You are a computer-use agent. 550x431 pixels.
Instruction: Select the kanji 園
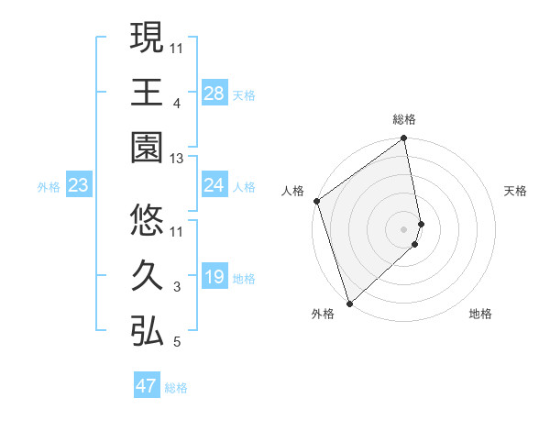[x=147, y=149]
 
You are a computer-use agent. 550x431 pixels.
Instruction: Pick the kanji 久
[x=147, y=275]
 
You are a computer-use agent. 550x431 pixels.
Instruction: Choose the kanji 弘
[x=147, y=330]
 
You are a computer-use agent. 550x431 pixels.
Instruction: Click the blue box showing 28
[x=214, y=94]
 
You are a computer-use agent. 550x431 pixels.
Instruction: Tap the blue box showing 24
[x=214, y=185]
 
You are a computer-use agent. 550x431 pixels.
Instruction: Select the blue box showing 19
[x=214, y=277]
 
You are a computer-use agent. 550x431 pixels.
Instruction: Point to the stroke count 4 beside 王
[x=177, y=104]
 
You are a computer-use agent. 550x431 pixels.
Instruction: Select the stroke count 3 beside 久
[x=177, y=287]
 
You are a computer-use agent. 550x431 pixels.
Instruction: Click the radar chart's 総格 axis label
[x=404, y=119]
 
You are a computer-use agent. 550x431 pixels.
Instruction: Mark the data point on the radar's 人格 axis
[x=317, y=201]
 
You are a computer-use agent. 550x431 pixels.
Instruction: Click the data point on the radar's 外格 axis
[x=349, y=302]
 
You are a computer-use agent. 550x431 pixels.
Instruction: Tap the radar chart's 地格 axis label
[x=480, y=314]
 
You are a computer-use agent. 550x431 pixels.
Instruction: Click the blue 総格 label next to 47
[x=176, y=388]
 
